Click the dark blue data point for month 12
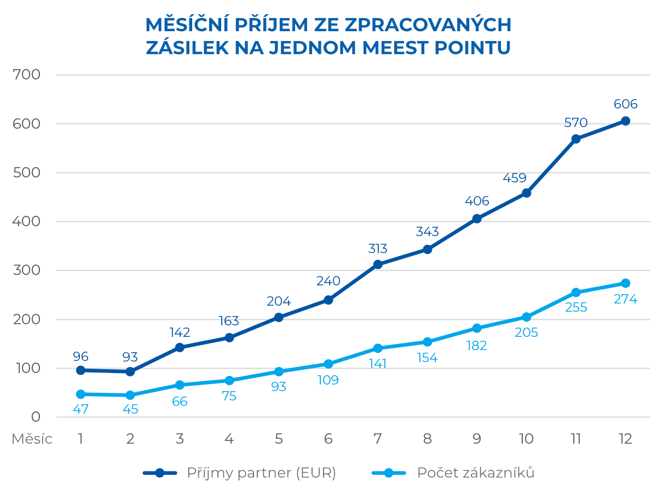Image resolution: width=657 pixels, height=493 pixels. click(x=625, y=121)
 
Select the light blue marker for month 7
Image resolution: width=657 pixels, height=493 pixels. click(x=378, y=348)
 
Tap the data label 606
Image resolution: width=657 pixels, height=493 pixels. click(x=625, y=104)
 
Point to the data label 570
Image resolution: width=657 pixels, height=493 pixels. click(x=576, y=122)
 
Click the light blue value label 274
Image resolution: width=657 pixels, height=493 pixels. click(x=625, y=300)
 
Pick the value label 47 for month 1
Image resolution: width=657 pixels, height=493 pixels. click(x=80, y=409)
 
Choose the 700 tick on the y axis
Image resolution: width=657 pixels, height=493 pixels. click(x=27, y=74)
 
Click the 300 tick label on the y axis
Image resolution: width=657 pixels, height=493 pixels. click(x=27, y=270)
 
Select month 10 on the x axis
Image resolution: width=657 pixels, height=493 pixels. click(x=526, y=439)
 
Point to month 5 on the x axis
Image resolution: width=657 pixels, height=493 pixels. click(x=279, y=439)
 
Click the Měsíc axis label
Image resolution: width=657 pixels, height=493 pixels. click(x=32, y=439)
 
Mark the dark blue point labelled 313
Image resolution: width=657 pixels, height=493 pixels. click(x=378, y=265)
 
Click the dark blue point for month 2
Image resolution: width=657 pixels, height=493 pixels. click(x=130, y=371)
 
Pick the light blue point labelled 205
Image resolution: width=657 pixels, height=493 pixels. click(x=526, y=317)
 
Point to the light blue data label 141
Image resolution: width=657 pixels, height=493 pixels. click(x=378, y=364)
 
